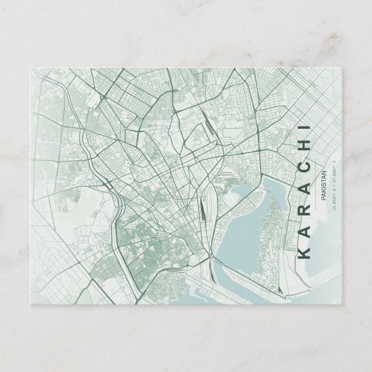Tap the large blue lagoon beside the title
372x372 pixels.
tap(243, 231)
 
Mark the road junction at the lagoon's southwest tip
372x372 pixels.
tap(217, 263)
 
